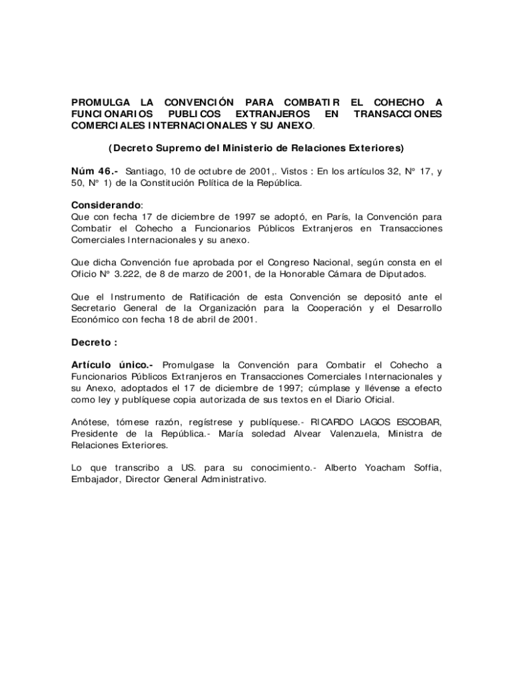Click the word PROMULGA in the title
(x=101, y=103)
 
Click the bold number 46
(x=106, y=171)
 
